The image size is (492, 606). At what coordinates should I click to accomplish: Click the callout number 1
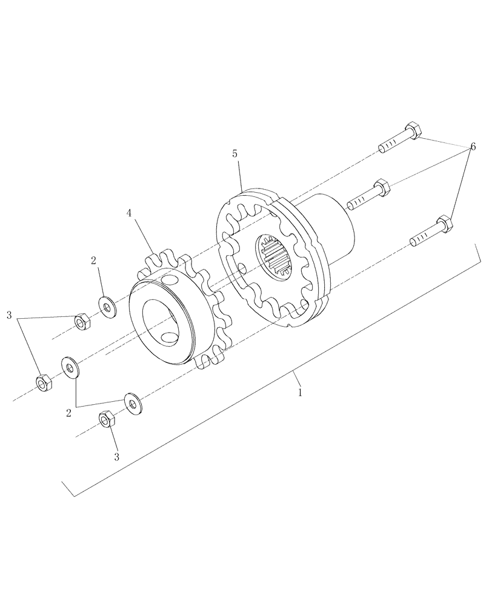pyautogui.click(x=299, y=392)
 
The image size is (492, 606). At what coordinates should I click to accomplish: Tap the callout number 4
pyautogui.click(x=129, y=213)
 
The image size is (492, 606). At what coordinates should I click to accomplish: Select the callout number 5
pyautogui.click(x=235, y=154)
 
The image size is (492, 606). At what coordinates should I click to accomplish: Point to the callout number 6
pyautogui.click(x=472, y=147)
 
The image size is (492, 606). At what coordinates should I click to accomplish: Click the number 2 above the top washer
pyautogui.click(x=93, y=261)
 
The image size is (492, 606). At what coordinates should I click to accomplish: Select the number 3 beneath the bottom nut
pyautogui.click(x=116, y=456)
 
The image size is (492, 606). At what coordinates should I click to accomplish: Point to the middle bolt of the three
pyautogui.click(x=367, y=193)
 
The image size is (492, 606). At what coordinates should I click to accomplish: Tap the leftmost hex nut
pyautogui.click(x=42, y=383)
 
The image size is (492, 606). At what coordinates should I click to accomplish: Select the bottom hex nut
pyautogui.click(x=105, y=418)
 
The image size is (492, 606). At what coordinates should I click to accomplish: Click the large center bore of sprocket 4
pyautogui.click(x=161, y=316)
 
